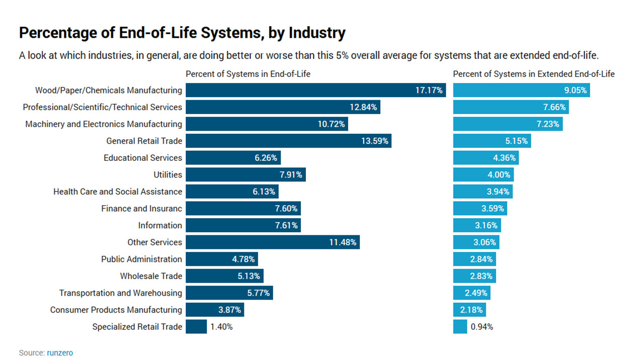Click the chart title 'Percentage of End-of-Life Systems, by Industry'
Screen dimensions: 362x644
click(x=182, y=33)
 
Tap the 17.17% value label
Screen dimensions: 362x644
click(x=429, y=90)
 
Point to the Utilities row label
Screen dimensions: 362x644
click(x=168, y=175)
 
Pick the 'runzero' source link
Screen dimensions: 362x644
click(x=60, y=353)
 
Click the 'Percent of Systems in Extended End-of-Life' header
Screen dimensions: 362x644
click(x=534, y=74)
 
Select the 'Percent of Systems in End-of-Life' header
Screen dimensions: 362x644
click(x=248, y=74)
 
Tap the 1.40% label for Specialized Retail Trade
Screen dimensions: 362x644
click(x=221, y=327)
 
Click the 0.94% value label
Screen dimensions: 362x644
click(x=481, y=327)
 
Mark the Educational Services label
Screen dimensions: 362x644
click(x=142, y=158)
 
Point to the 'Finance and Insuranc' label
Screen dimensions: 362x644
click(x=141, y=209)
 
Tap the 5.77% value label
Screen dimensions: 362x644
click(x=259, y=293)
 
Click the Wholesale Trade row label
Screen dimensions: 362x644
click(x=150, y=276)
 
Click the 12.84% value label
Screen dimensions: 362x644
click(x=363, y=107)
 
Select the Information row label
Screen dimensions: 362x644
click(x=160, y=226)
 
